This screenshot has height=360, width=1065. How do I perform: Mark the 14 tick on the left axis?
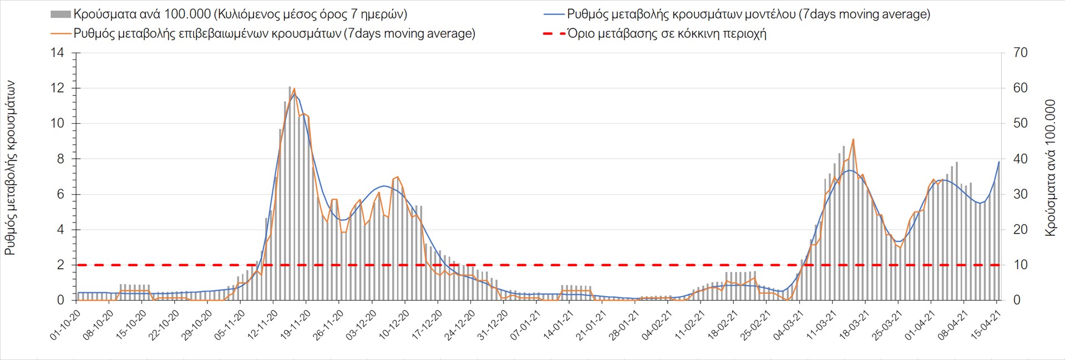(x=58, y=53)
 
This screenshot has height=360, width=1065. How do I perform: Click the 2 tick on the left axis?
(x=61, y=265)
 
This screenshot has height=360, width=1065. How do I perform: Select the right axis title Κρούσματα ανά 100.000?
(x=1050, y=168)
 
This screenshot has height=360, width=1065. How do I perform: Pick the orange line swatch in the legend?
(x=60, y=34)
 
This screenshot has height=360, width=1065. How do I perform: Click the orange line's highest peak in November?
(x=294, y=89)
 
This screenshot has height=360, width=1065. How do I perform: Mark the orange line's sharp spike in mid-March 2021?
(x=853, y=139)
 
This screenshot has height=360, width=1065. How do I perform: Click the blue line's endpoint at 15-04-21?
(x=999, y=162)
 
